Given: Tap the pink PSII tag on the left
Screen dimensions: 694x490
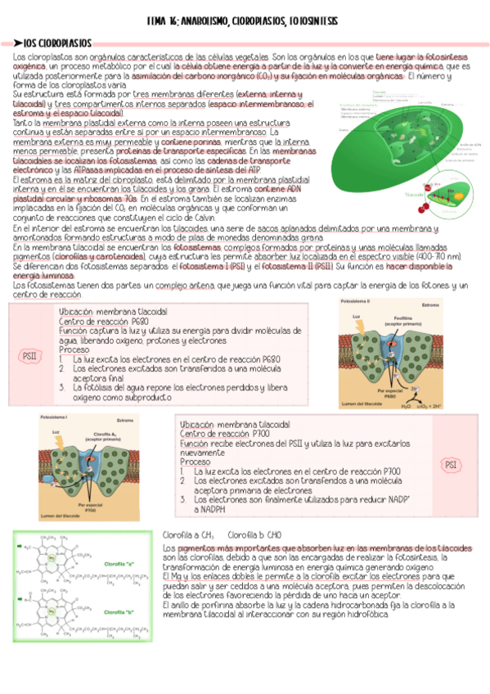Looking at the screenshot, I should coord(29,355).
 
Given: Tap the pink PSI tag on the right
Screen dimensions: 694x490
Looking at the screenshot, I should coord(451,465).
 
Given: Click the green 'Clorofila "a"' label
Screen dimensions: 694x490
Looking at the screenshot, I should coord(119,564).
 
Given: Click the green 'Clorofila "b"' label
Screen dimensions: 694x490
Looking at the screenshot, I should coord(119,611).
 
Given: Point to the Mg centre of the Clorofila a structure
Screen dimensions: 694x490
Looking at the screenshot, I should coord(49,559).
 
